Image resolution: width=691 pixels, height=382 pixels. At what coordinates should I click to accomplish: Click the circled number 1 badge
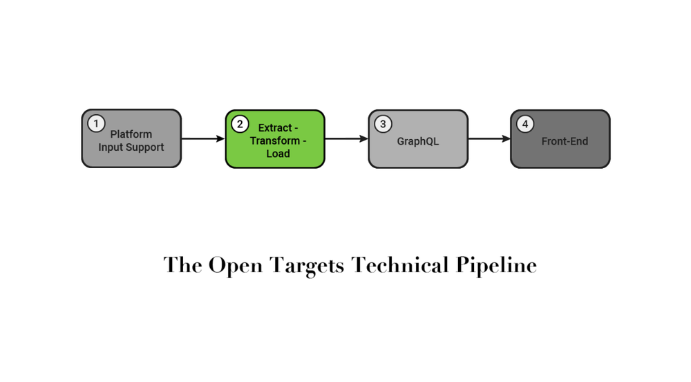[96, 124]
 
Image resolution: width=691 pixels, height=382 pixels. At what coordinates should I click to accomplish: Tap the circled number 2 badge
[239, 124]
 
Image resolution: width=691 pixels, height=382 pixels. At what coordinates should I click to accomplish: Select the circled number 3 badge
[382, 124]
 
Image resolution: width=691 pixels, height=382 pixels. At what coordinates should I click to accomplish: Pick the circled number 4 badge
[525, 124]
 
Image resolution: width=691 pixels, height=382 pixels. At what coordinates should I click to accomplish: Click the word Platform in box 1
[131, 134]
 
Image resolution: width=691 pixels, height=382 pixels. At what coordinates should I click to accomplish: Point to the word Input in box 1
[111, 147]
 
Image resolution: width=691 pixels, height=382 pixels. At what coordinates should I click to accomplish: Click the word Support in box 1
[145, 147]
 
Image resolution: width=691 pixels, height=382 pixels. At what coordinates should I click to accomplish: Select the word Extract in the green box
[274, 128]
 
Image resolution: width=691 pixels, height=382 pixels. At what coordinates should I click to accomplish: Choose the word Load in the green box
[278, 154]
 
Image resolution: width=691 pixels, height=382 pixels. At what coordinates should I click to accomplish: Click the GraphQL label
[417, 141]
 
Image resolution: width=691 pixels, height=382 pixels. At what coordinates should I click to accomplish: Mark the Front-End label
[565, 141]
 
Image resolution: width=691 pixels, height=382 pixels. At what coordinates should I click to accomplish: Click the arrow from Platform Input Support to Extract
[202, 139]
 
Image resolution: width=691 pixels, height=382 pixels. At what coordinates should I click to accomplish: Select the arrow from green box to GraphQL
[345, 139]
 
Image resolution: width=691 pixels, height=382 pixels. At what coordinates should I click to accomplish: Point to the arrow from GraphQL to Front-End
[489, 139]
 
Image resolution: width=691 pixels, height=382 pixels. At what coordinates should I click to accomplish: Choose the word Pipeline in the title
[496, 266]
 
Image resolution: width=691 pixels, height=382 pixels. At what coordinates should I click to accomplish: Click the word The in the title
[183, 266]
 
